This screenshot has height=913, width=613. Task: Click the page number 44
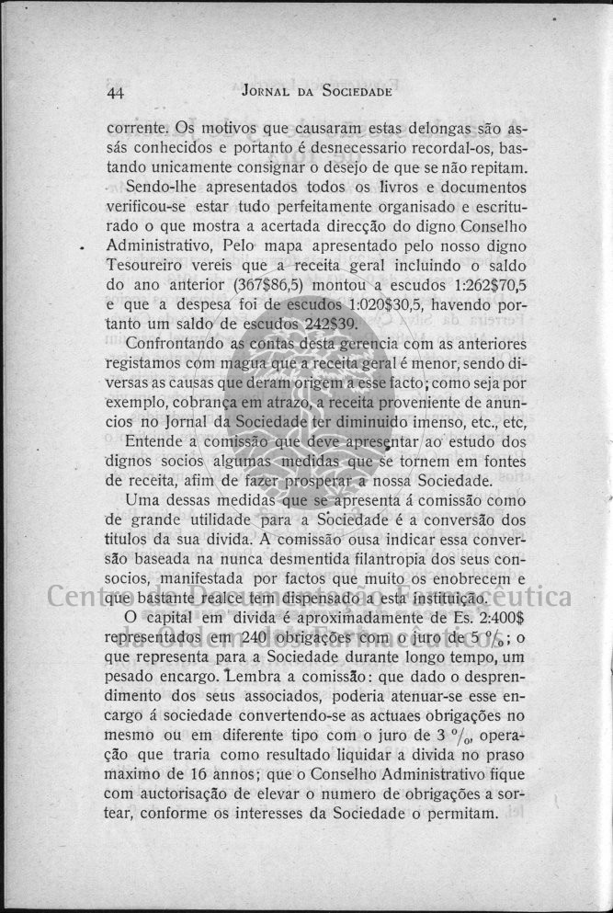(x=116, y=93)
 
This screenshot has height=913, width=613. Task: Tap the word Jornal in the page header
(x=266, y=92)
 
